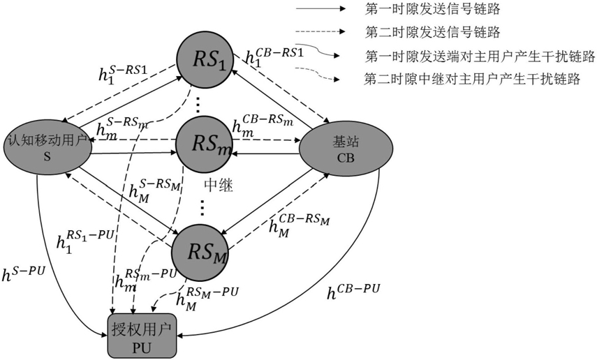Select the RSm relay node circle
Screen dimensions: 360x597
tap(203, 145)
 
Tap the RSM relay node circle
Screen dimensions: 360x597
tap(201, 244)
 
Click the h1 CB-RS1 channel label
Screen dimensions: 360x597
tap(269, 58)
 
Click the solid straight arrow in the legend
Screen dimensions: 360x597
tap(318, 10)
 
